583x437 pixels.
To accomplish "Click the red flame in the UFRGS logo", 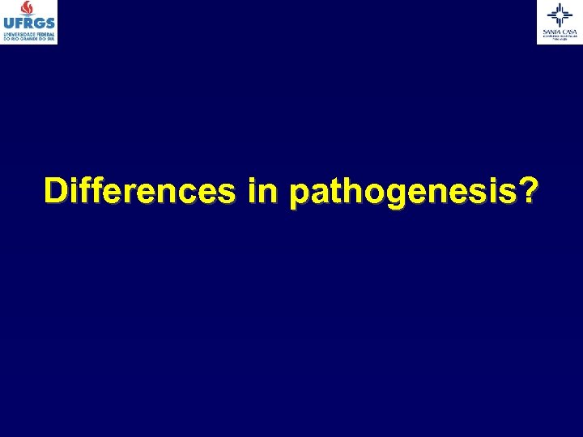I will [x=29, y=8].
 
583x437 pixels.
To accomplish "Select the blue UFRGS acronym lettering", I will [x=29, y=24].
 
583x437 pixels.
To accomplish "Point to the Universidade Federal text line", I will [x=29, y=34].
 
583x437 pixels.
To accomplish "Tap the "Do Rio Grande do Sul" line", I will [x=29, y=39].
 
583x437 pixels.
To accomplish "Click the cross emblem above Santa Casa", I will [x=560, y=14].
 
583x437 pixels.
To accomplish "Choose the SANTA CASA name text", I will [x=560, y=31].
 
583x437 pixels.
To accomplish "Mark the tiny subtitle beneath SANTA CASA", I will [x=560, y=37].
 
